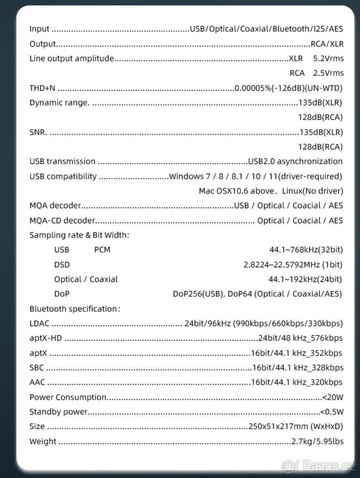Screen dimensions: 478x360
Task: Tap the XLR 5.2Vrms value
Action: pyautogui.click(x=316, y=59)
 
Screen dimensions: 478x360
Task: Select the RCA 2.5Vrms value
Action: pyautogui.click(x=316, y=73)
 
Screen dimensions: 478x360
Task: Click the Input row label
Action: pyautogui.click(x=39, y=29)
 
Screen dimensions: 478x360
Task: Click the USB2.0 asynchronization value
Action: pyautogui.click(x=295, y=161)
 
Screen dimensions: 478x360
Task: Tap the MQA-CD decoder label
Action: pyautogui.click(x=62, y=221)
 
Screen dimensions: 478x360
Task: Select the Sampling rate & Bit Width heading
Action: pyautogui.click(x=79, y=235)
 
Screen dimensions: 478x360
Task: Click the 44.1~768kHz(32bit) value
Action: pyautogui.click(x=306, y=250)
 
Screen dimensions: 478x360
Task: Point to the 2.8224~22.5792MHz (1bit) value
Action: pyautogui.click(x=293, y=264)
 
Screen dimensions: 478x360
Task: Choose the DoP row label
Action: pyautogui.click(x=61, y=294)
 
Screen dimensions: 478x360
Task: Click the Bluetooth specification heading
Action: pyautogui.click(x=75, y=309)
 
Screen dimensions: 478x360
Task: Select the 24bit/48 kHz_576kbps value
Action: pyautogui.click(x=300, y=338)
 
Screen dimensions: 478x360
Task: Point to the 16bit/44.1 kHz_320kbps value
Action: pyautogui.click(x=296, y=382)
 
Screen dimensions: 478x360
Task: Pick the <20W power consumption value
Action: pyautogui.click(x=332, y=397)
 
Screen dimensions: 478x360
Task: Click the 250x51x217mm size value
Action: pyautogui.click(x=295, y=427)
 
